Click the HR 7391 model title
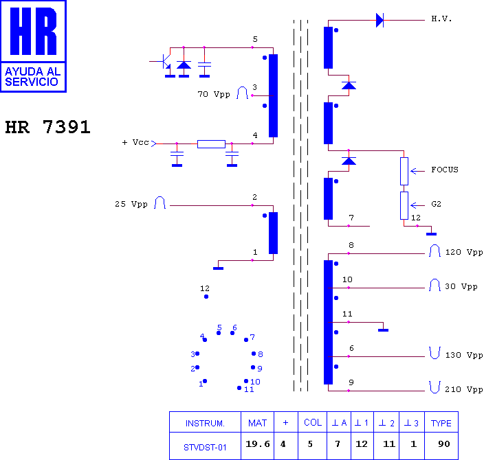(x=48, y=127)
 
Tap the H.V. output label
(x=441, y=19)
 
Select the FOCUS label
(x=445, y=170)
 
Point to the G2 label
(x=436, y=204)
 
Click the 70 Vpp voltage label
(x=214, y=94)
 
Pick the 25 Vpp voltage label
(x=131, y=204)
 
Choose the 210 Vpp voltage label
(x=463, y=389)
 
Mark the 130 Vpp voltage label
(x=463, y=355)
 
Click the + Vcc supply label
(x=135, y=142)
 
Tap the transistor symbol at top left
(x=165, y=61)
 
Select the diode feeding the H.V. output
(x=379, y=21)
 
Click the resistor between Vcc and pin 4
(x=211, y=144)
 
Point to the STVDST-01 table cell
(x=205, y=448)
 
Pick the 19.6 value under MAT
(x=258, y=444)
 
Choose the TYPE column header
(x=441, y=424)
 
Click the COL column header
(x=313, y=423)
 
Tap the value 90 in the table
(x=444, y=444)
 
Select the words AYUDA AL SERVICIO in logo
(x=33, y=77)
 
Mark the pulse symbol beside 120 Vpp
(x=434, y=251)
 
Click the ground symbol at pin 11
(x=383, y=330)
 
